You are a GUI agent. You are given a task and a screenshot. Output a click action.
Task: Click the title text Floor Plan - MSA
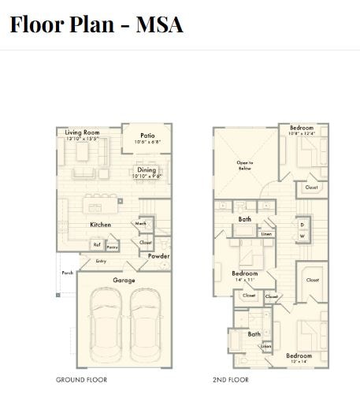96,24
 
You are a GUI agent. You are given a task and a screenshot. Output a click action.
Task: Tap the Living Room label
82,132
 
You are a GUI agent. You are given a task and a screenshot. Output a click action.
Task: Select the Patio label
147,136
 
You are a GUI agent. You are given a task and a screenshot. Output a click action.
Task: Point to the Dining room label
147,169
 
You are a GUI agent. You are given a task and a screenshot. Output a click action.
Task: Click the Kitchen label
100,225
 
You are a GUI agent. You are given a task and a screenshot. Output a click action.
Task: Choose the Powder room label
159,256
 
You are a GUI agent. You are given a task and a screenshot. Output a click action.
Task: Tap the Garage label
124,280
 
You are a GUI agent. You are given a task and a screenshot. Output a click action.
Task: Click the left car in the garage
105,323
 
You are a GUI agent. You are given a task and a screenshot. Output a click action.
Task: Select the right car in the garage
145,323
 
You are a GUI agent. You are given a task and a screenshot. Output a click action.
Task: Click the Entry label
101,261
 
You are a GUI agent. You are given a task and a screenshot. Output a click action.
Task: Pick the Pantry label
112,247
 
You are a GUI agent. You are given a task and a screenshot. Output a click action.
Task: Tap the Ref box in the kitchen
98,244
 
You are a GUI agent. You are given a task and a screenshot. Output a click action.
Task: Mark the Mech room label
141,224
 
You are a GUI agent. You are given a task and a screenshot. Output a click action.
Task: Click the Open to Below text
245,166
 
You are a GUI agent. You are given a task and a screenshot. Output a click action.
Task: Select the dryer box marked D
302,225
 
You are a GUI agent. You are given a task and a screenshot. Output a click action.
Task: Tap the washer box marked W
302,236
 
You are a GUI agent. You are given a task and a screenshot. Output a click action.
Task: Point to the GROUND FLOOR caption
81,380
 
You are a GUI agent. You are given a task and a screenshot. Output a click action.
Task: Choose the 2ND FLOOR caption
231,380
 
